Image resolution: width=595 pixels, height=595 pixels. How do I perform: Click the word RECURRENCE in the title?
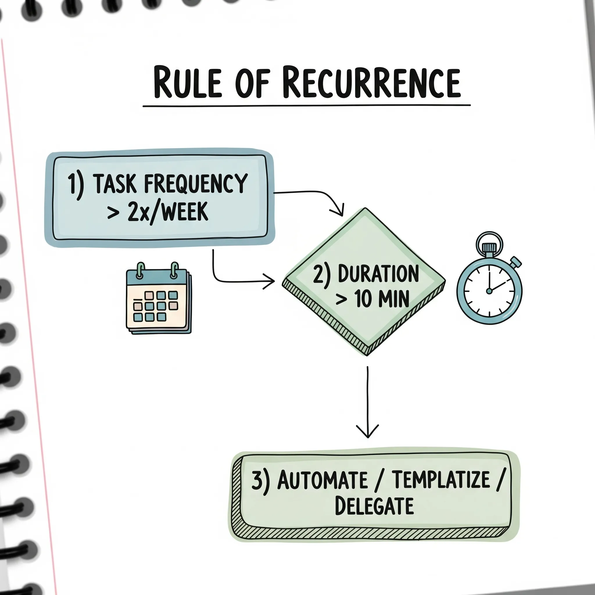click(371, 83)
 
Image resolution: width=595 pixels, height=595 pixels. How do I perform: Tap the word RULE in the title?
click(188, 83)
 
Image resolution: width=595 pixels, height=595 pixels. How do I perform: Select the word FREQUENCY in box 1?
click(196, 184)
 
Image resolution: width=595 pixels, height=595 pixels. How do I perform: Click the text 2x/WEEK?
click(168, 212)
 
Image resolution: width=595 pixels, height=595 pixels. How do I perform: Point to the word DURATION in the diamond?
click(378, 273)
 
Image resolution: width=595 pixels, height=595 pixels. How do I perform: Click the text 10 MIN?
click(382, 299)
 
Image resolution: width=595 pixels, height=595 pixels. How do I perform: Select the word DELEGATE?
click(374, 506)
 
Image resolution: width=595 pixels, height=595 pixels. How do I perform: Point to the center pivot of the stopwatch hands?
click(489, 291)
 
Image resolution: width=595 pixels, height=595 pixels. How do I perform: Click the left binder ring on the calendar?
click(140, 270)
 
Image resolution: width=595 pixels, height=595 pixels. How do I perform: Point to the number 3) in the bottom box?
click(261, 481)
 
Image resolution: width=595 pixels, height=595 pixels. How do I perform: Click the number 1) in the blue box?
click(75, 184)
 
